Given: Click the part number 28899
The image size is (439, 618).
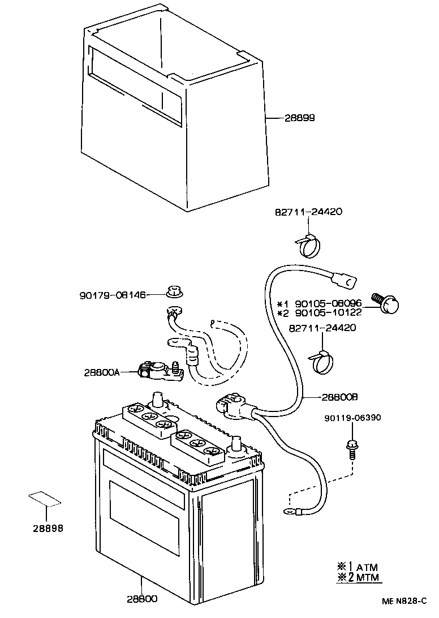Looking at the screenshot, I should click(x=299, y=118).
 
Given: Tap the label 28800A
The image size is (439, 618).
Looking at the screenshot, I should click(x=102, y=372).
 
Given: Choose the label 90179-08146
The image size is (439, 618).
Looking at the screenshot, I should click(x=112, y=295).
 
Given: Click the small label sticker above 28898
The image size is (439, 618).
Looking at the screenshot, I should click(x=45, y=499).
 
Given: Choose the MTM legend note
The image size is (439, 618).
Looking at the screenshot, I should click(x=358, y=577).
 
